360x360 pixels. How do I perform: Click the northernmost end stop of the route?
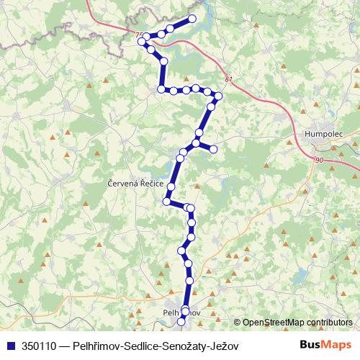point(192,19)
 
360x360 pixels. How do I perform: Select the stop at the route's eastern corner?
point(218,96)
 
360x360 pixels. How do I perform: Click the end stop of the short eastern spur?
point(213,148)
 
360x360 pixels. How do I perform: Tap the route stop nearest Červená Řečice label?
point(170,187)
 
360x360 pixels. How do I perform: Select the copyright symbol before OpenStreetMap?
point(238,323)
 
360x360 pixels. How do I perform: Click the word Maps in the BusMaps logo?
point(339,345)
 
